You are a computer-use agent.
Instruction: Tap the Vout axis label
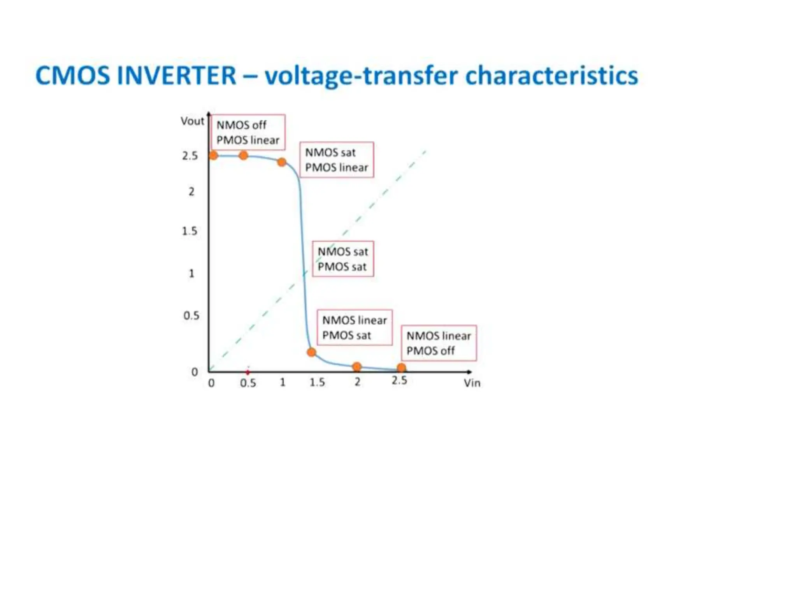point(192,121)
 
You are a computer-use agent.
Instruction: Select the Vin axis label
point(472,383)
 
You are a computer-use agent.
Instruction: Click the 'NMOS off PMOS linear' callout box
point(248,132)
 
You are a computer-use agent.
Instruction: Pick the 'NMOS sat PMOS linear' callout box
point(337,160)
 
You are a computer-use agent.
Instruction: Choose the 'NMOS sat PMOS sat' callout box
point(343,259)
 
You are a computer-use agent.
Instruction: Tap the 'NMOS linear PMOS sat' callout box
point(355,328)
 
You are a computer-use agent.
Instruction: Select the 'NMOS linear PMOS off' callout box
point(439,343)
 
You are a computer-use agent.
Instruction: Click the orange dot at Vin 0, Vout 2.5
point(213,155)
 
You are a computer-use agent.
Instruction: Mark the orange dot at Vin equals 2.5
point(402,367)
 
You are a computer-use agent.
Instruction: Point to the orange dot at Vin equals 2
point(357,366)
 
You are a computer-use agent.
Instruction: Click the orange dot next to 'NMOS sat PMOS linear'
point(282,162)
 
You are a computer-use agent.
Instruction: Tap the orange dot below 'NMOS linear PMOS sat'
point(311,352)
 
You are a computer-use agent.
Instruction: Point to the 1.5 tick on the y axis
point(190,231)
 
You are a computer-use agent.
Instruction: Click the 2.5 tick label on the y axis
point(190,156)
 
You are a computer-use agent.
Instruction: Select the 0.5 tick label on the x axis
point(248,383)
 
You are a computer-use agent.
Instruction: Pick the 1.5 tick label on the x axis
point(317,383)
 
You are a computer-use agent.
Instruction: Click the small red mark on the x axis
point(248,372)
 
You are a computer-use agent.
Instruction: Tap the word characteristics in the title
point(551,75)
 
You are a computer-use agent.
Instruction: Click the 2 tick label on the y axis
point(191,191)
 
